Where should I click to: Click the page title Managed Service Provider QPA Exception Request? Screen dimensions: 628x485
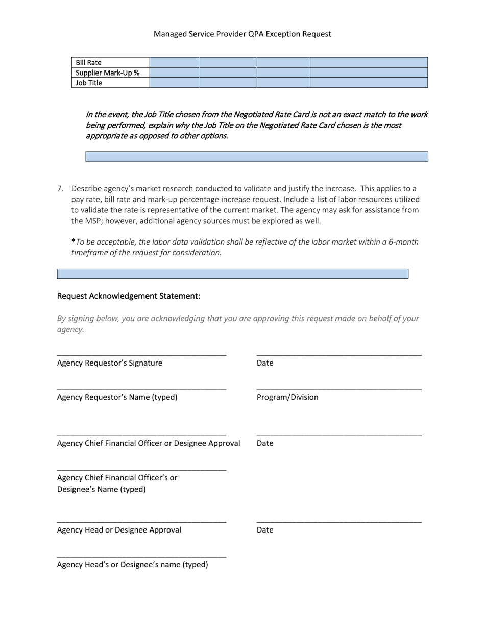coord(242,34)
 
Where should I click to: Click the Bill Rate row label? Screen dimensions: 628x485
coord(89,63)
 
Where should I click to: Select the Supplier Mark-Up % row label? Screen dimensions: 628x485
coord(107,73)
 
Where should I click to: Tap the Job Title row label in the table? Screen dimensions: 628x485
coord(89,83)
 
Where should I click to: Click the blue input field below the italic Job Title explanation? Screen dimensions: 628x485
coord(256,157)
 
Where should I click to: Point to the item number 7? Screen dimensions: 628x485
coord(60,189)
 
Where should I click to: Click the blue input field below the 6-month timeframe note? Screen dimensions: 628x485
coord(232,274)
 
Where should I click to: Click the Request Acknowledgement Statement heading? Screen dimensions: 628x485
coord(129,296)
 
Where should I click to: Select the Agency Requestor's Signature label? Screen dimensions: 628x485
coord(110,363)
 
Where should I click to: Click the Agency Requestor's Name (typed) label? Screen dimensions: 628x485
coord(117,397)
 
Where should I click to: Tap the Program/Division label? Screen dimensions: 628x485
coord(287,397)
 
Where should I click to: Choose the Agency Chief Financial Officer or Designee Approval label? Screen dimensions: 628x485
coord(149,443)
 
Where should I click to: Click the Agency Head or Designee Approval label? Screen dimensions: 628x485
coord(119,530)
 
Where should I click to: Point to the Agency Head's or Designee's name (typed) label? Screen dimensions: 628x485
coord(133,565)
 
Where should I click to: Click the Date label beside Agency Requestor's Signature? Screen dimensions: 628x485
coord(265,363)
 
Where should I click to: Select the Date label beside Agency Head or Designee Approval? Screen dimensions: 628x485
coord(265,530)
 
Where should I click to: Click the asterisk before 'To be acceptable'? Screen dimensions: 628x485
coord(74,241)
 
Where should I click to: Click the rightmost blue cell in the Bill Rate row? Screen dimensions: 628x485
coord(369,62)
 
